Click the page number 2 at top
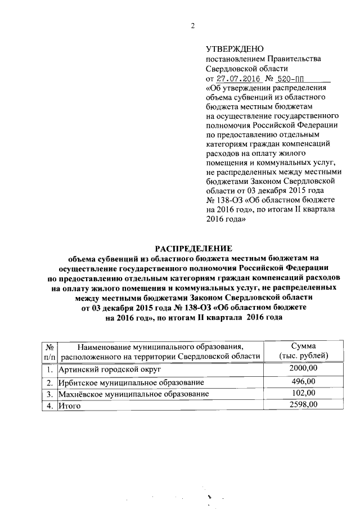pyautogui.click(x=192, y=25)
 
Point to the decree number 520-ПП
pyautogui.click(x=296, y=79)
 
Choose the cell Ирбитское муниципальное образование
pyautogui.click(x=124, y=382)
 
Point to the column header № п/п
pyautogui.click(x=49, y=351)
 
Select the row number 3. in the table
pyautogui.click(x=50, y=394)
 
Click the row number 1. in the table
pyautogui.click(x=50, y=371)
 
